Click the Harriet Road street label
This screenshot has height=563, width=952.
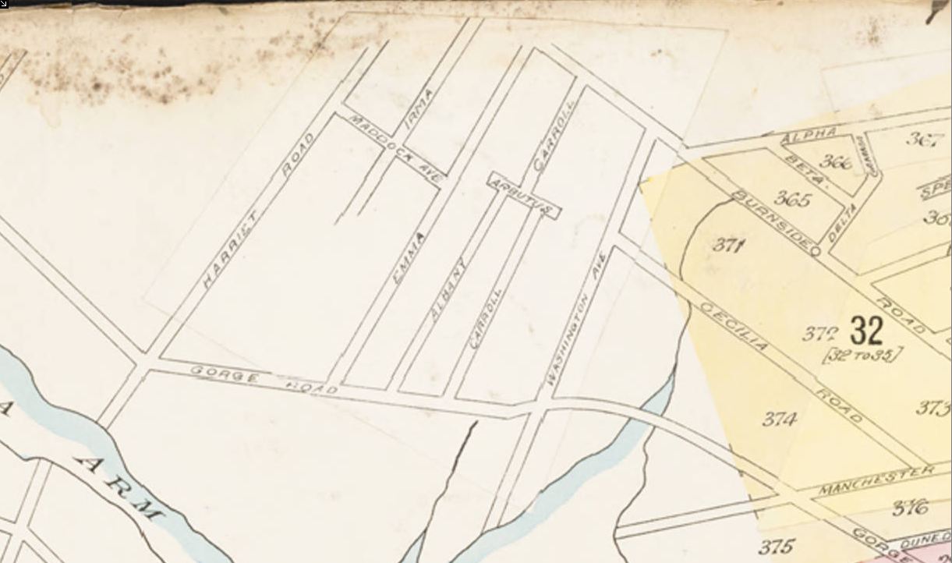coord(257,211)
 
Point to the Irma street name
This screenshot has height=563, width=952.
coord(419,109)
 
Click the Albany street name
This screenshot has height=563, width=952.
coord(448,290)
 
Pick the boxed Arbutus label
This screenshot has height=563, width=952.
coord(524,195)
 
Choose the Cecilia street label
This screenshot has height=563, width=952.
coord(734,325)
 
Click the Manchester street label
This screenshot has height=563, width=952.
coord(876,480)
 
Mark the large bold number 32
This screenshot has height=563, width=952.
coord(866,331)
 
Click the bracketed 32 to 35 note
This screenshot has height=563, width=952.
coord(862,356)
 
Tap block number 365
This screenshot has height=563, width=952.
coord(791,200)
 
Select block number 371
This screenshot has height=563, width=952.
coord(728,245)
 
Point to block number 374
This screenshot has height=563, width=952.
coord(779,420)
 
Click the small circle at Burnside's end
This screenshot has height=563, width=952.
coord(815,251)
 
